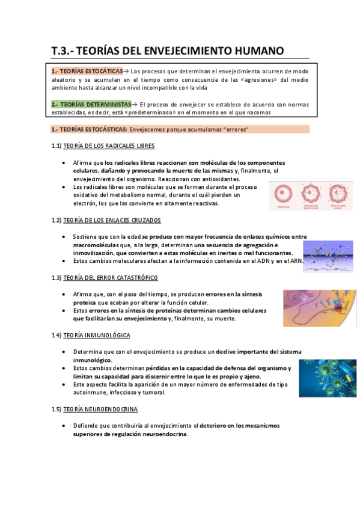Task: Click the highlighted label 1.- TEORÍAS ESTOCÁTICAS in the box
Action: point(87,70)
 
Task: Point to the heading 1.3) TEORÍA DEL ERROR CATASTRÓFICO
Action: point(105,277)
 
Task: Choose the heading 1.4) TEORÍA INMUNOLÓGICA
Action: point(91,335)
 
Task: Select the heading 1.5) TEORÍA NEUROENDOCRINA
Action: point(94,409)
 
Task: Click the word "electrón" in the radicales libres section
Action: point(85,203)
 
